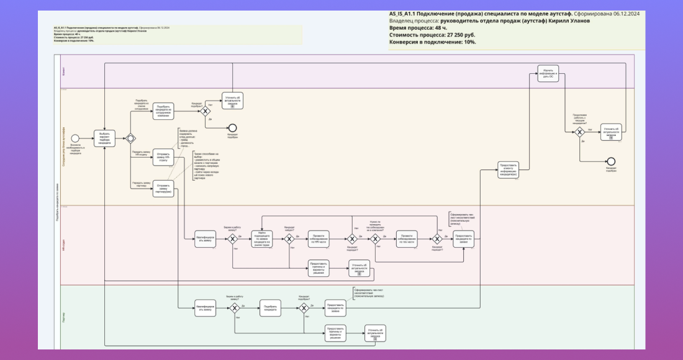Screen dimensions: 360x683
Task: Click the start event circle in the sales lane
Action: click(x=75, y=138)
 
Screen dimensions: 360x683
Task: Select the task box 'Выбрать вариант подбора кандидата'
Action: click(x=104, y=138)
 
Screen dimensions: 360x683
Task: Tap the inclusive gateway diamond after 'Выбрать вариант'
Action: click(x=130, y=138)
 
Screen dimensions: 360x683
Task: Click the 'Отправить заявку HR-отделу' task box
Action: click(x=163, y=158)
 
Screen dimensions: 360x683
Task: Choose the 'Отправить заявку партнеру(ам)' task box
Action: click(x=163, y=188)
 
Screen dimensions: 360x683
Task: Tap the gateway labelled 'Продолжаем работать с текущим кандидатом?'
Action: click(x=579, y=132)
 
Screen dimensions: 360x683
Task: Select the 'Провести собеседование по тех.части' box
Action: click(x=407, y=239)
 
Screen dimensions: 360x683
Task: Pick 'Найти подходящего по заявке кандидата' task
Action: click(x=262, y=239)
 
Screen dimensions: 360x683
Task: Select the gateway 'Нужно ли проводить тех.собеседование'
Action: click(x=375, y=239)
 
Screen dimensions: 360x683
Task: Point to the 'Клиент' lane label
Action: click(x=63, y=72)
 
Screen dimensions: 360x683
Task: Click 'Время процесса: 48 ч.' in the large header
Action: click(x=414, y=28)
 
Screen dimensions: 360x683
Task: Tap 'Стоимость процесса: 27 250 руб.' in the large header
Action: click(x=432, y=35)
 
